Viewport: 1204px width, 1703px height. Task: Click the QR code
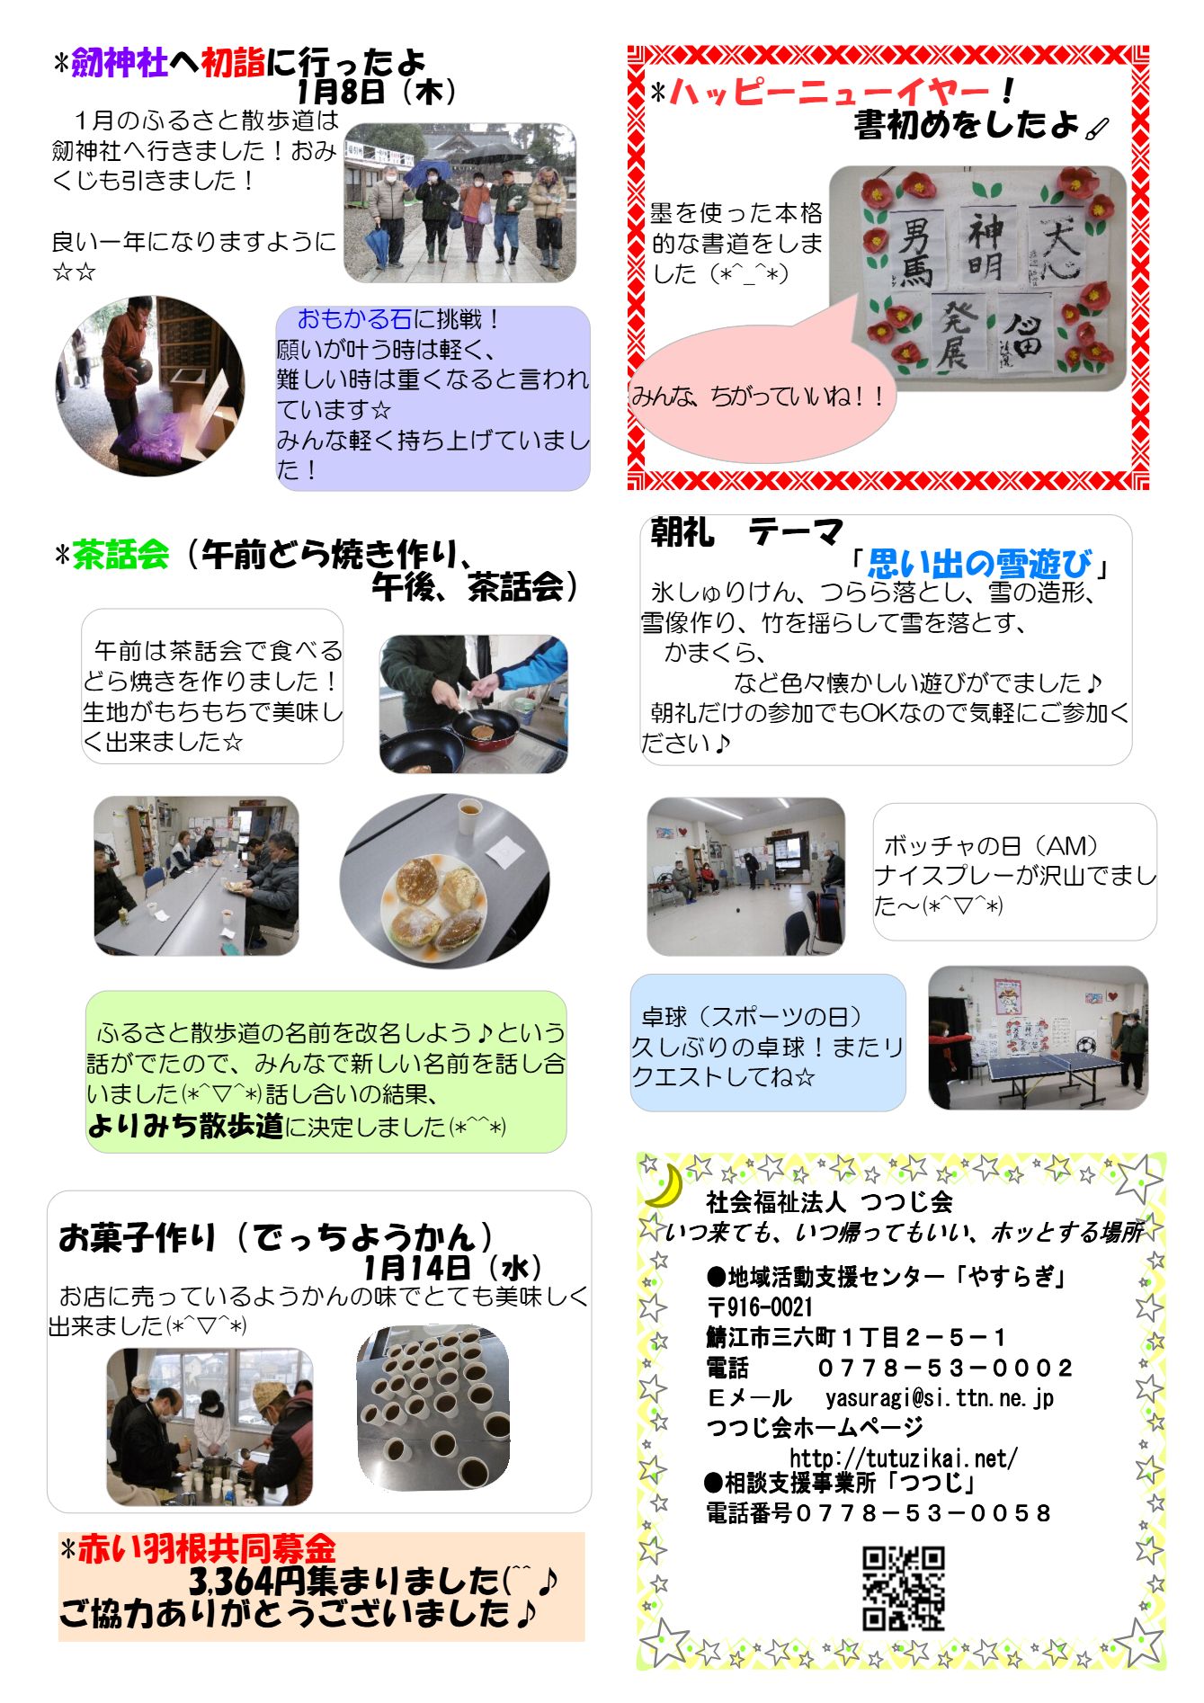coord(903,1588)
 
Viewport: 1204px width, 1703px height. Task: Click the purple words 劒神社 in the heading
coord(120,63)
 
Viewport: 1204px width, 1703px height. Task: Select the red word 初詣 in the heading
coord(233,63)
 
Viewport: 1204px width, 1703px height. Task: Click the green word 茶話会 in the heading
coord(120,554)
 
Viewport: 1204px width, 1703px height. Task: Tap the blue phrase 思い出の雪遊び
coord(979,564)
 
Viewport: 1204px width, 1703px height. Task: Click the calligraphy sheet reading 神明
coord(985,245)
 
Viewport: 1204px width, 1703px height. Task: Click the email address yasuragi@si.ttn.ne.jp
coord(940,1397)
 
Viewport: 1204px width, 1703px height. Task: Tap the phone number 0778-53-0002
coord(944,1368)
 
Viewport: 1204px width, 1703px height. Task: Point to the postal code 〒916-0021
coord(760,1307)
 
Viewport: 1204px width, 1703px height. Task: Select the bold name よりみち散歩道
coord(185,1125)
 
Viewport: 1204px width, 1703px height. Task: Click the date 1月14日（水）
coord(452,1267)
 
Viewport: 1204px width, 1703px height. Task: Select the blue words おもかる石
coord(354,319)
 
